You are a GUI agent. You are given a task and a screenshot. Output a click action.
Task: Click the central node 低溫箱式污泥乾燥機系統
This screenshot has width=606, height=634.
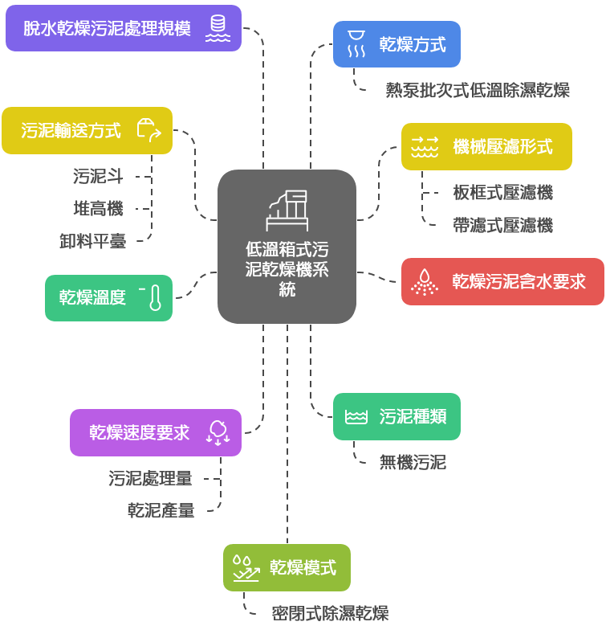tap(287, 247)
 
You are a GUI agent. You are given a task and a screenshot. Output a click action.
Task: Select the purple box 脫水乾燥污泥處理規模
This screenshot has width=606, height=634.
tap(123, 28)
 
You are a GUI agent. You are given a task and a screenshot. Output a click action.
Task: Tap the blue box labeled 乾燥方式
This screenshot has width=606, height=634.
tap(397, 44)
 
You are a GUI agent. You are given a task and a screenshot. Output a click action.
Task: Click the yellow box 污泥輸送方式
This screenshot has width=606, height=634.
tap(87, 130)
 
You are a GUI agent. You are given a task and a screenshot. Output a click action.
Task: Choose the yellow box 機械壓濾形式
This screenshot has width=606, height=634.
tap(486, 146)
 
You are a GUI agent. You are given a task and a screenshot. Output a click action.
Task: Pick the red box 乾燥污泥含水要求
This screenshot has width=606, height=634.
tap(502, 281)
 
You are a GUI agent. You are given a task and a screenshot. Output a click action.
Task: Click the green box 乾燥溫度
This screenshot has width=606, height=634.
tap(108, 297)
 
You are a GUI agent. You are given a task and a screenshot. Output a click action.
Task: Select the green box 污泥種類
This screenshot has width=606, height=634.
tap(397, 416)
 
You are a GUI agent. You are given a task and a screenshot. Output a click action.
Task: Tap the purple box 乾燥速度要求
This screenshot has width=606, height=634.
tap(155, 432)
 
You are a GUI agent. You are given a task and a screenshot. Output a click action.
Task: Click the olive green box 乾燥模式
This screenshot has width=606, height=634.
tap(287, 567)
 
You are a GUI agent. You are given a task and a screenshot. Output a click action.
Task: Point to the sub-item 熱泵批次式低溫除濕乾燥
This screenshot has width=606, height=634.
tap(478, 90)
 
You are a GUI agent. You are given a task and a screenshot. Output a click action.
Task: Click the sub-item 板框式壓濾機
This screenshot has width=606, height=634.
tap(502, 193)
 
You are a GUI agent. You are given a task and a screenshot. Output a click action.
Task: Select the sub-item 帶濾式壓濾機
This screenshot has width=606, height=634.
tap(502, 226)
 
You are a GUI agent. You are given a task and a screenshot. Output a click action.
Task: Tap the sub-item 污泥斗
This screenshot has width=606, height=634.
tap(98, 176)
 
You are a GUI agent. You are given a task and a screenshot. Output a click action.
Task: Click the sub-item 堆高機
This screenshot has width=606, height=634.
tap(98, 209)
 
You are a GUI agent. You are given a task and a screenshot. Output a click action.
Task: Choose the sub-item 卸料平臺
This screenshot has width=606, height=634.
tap(92, 241)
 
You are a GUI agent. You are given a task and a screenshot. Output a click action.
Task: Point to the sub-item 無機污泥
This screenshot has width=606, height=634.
tap(413, 462)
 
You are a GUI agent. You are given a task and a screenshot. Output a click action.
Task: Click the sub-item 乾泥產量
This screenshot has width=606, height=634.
tap(161, 510)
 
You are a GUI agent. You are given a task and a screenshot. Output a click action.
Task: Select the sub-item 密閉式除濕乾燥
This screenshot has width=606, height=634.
tap(330, 614)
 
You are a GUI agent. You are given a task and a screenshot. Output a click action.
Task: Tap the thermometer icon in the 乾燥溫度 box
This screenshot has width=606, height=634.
tap(154, 297)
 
